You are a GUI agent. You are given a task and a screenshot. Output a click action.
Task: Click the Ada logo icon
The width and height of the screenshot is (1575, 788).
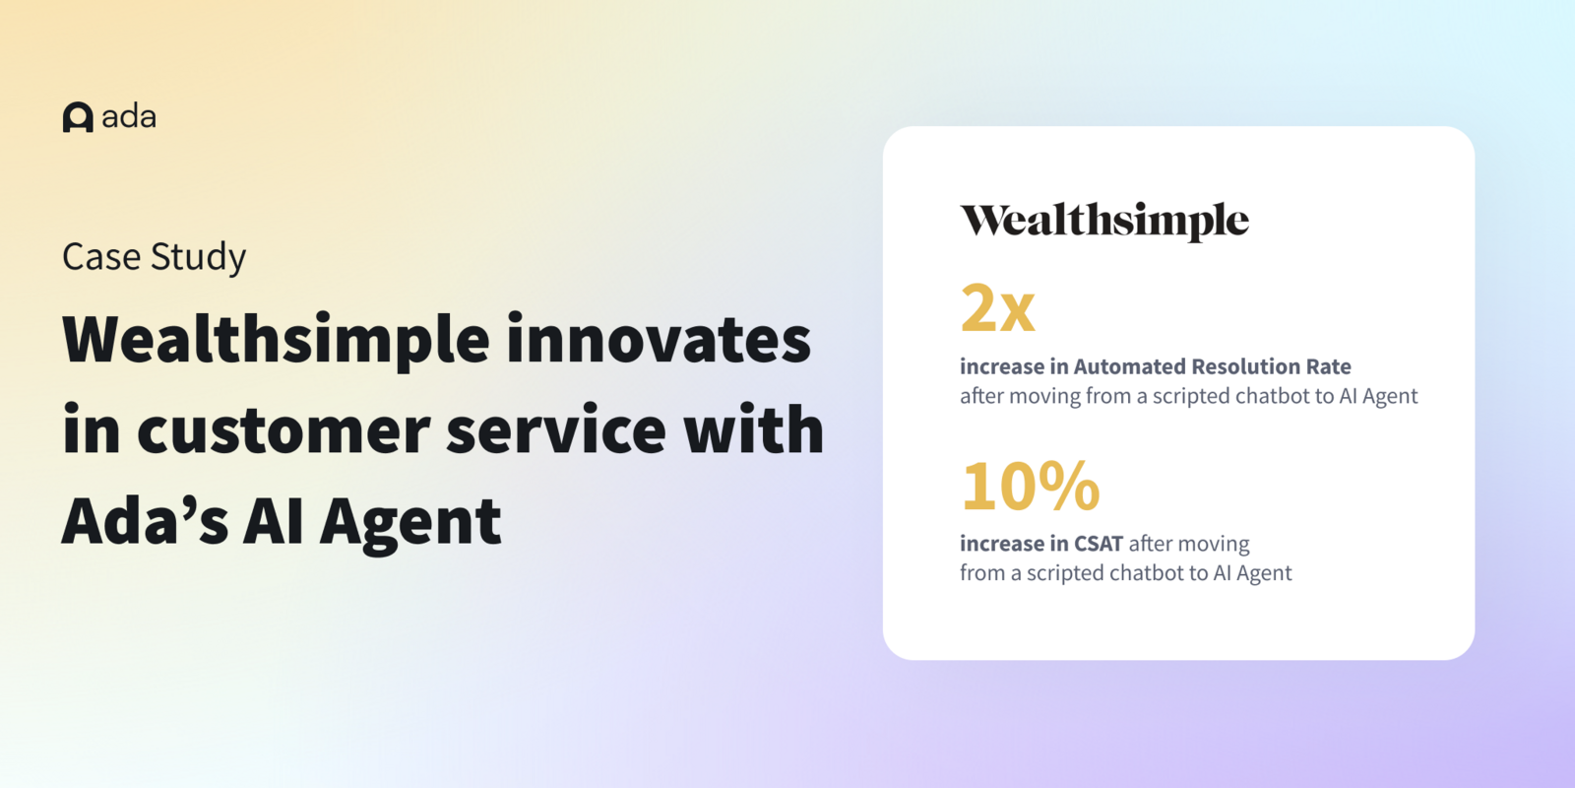[78, 117]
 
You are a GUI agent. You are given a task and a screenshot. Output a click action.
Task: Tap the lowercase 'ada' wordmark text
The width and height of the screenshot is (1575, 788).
[129, 117]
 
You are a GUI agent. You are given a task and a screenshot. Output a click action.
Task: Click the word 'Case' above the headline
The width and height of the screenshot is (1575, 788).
[101, 257]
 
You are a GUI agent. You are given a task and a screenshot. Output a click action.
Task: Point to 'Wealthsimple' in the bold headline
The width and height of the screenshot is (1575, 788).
[276, 340]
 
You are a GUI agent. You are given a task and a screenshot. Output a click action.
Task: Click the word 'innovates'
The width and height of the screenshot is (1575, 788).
[659, 340]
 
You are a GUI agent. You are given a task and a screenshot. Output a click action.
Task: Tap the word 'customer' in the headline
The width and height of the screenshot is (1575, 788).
[283, 431]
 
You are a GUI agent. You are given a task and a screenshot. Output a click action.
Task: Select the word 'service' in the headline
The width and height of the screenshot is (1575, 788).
[555, 431]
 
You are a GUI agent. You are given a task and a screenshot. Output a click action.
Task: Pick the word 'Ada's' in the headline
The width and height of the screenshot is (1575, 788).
[145, 521]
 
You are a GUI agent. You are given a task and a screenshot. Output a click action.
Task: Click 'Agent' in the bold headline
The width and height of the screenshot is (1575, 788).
[410, 523]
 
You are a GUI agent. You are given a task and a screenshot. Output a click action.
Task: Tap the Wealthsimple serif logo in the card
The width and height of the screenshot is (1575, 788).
[1104, 221]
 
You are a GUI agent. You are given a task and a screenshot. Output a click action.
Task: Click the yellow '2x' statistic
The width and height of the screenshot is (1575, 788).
[997, 308]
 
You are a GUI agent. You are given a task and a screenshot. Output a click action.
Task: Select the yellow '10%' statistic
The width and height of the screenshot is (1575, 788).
[1030, 487]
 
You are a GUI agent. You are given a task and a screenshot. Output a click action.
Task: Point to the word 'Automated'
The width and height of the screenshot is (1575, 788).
[1129, 366]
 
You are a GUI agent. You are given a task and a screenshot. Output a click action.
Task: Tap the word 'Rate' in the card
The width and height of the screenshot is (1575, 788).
[1328, 366]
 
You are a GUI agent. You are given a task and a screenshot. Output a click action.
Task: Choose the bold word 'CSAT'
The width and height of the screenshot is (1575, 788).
[1099, 544]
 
